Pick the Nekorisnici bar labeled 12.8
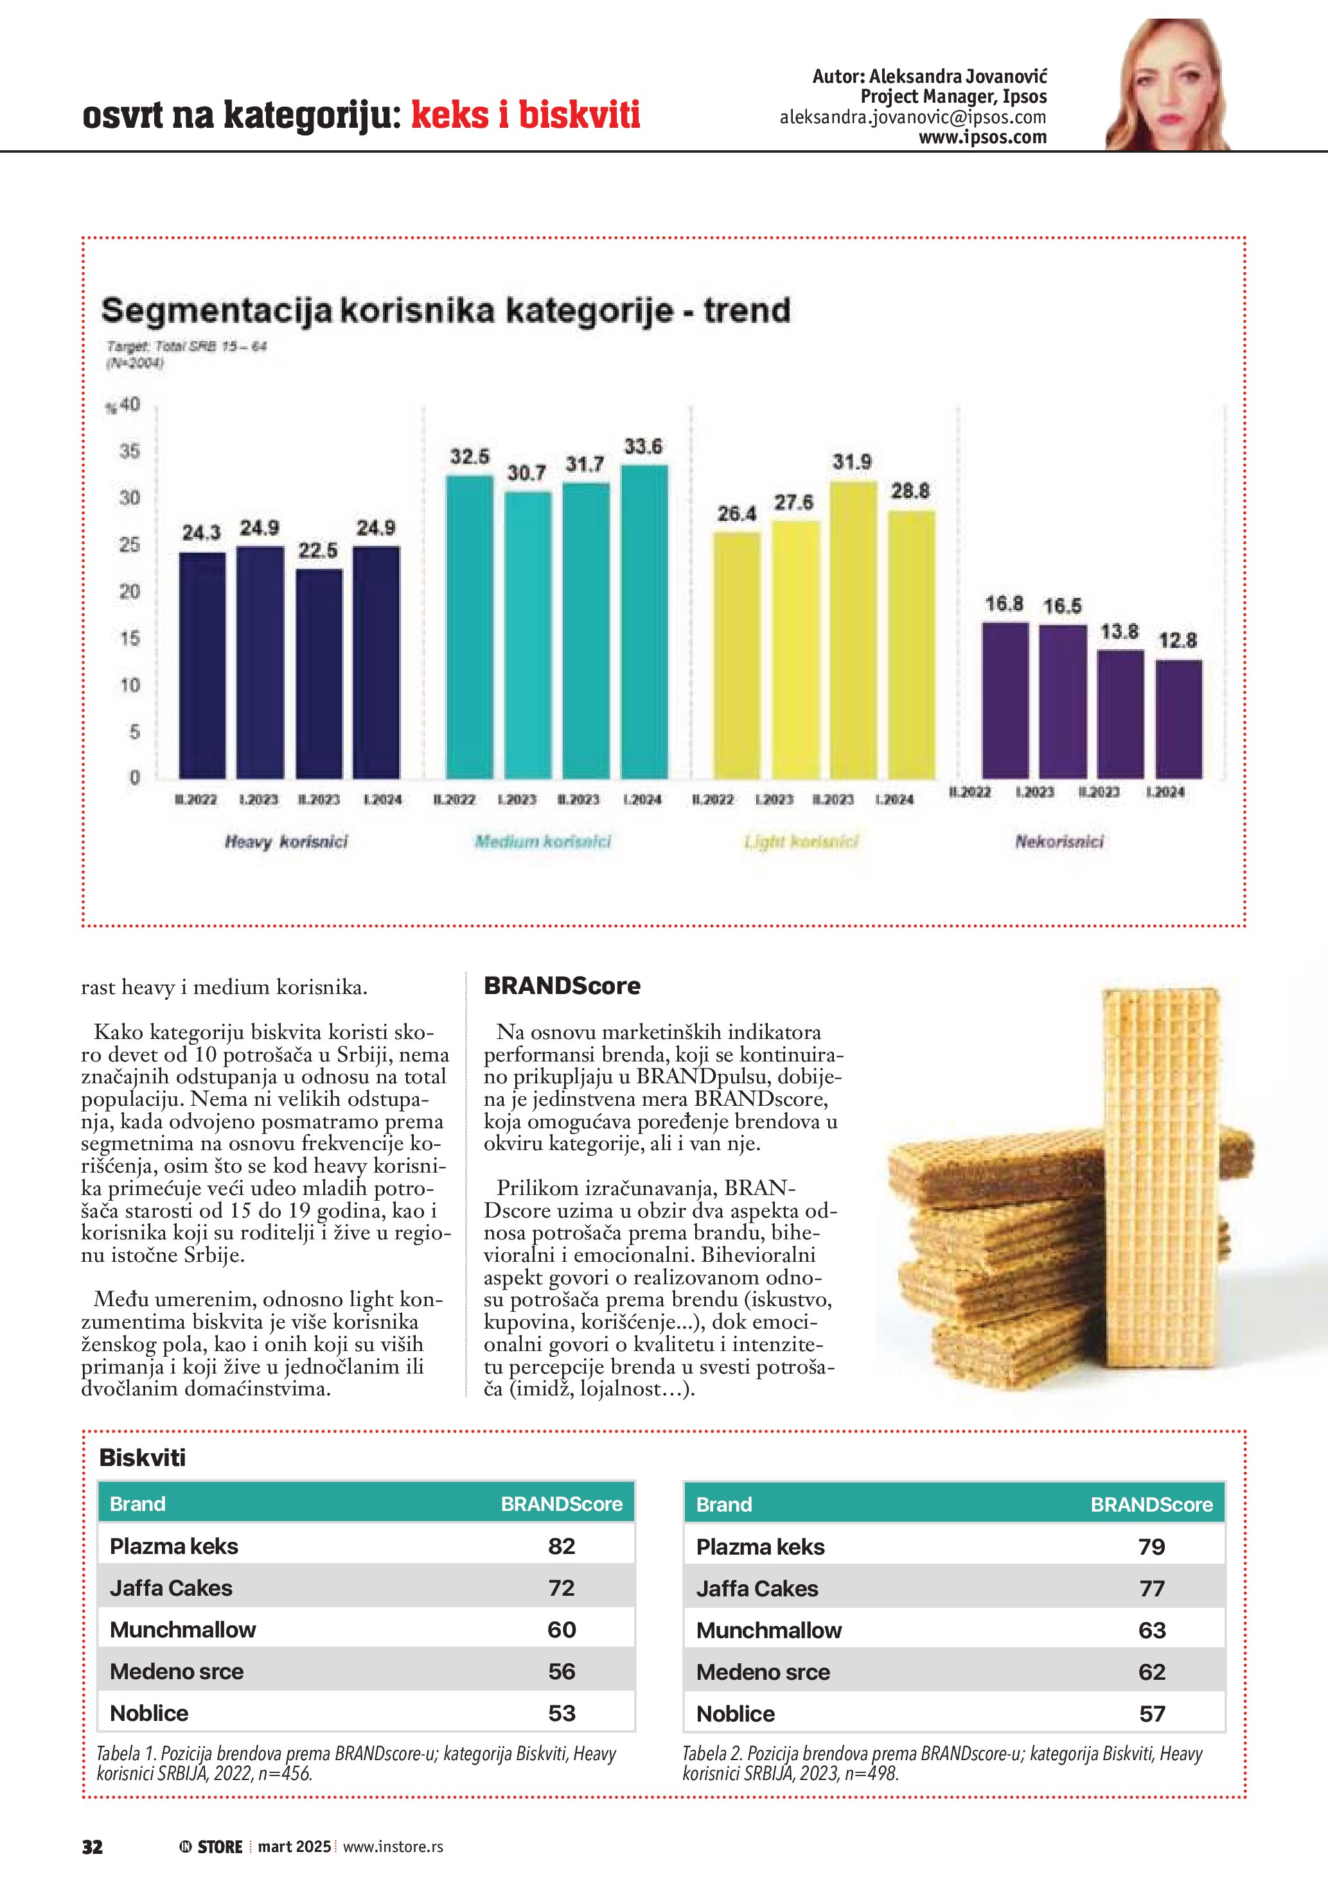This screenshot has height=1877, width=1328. (1178, 719)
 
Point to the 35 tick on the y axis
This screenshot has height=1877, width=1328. (130, 451)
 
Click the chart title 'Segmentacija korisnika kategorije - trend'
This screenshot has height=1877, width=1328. (446, 311)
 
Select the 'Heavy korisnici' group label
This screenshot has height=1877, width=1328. (286, 841)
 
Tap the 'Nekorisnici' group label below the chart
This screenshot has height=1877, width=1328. (1059, 841)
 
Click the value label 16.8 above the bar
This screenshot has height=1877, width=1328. (1004, 604)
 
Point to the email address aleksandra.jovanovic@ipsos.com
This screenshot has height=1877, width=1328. (912, 117)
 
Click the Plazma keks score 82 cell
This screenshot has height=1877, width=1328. (562, 1546)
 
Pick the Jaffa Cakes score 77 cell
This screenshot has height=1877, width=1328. (1151, 1589)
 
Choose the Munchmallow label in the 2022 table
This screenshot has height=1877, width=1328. (183, 1629)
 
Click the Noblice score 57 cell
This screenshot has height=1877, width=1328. (1151, 1713)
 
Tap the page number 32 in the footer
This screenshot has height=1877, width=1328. (93, 1847)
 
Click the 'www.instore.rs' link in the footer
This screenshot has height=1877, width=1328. (393, 1847)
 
